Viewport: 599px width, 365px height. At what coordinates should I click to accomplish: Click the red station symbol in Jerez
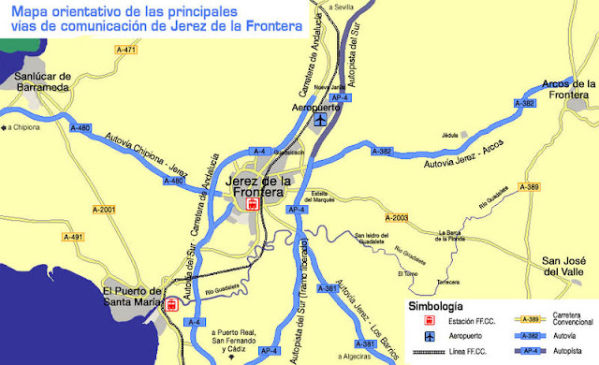(x=251, y=204)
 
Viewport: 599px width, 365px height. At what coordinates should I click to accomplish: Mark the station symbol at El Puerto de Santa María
(x=171, y=304)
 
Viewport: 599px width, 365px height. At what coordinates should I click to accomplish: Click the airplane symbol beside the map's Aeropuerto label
(x=321, y=120)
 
